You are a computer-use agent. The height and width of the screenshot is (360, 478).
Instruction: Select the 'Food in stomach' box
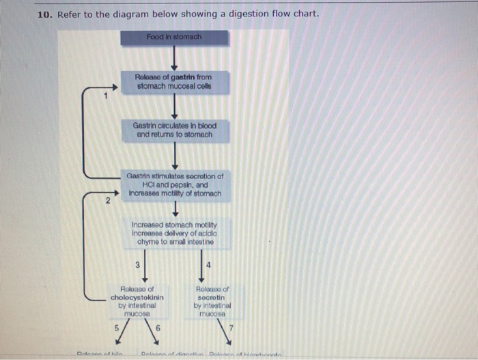pyautogui.click(x=173, y=37)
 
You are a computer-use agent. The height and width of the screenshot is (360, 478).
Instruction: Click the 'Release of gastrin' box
pyautogui.click(x=173, y=83)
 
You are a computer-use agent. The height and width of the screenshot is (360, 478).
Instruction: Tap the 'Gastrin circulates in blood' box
pyautogui.click(x=173, y=130)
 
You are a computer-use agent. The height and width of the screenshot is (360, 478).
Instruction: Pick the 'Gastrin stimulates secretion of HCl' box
pyautogui.click(x=174, y=184)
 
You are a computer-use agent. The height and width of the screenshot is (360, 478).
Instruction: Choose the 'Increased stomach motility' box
pyautogui.click(x=174, y=233)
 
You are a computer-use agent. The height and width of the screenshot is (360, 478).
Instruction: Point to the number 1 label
pyautogui.click(x=106, y=96)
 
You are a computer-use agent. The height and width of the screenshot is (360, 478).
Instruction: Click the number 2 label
pyautogui.click(x=107, y=201)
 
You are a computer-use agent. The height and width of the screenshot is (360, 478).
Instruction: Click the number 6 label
pyautogui.click(x=159, y=327)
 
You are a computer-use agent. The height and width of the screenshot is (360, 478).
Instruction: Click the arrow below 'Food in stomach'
pyautogui.click(x=174, y=58)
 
